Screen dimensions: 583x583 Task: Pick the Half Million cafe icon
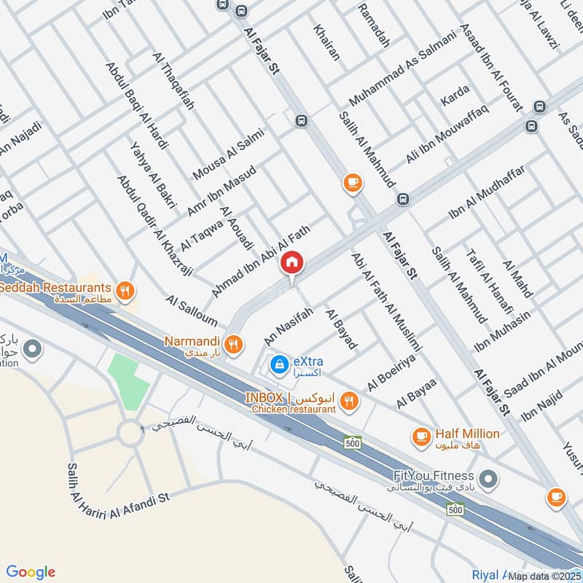420,436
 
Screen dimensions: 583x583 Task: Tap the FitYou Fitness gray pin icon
489,479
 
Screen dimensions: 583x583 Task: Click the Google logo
31,572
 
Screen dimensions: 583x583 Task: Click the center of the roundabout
130,434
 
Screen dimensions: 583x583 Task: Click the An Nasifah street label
289,326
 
